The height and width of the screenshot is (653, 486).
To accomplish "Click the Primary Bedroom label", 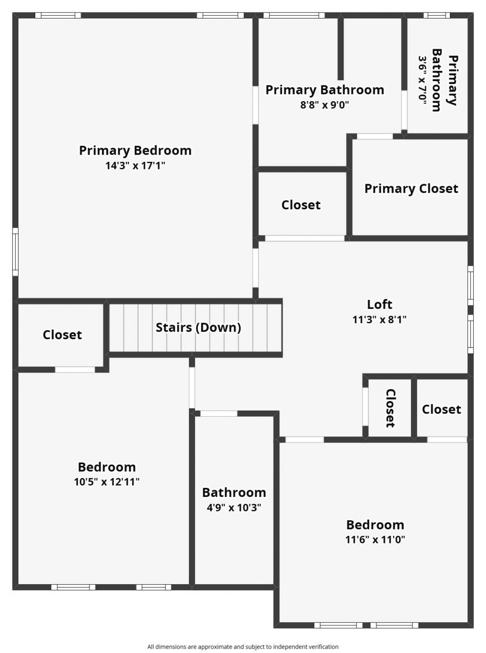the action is pyautogui.click(x=135, y=151).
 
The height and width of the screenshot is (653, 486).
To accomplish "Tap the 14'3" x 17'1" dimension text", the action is pyautogui.click(x=135, y=166).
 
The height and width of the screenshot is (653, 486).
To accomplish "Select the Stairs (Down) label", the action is pyautogui.click(x=198, y=327).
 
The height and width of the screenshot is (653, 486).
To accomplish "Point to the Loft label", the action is pyautogui.click(x=379, y=304).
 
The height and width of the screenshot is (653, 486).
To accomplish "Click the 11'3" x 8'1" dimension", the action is pyautogui.click(x=379, y=319).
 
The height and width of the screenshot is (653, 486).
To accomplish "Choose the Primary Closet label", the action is pyautogui.click(x=411, y=189).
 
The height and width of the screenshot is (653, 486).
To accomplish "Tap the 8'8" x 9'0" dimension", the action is pyautogui.click(x=325, y=104).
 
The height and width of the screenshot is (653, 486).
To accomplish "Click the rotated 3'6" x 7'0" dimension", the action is pyautogui.click(x=423, y=80).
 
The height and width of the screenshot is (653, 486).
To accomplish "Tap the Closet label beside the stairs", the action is pyautogui.click(x=62, y=335).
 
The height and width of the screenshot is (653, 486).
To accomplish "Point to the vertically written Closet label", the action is pyautogui.click(x=390, y=408).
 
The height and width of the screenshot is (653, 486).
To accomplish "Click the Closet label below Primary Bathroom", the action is pyautogui.click(x=301, y=205).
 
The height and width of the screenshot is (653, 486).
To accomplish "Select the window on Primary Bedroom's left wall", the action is pyautogui.click(x=15, y=252).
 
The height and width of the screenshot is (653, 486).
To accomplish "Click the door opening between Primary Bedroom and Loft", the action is pyautogui.click(x=256, y=268).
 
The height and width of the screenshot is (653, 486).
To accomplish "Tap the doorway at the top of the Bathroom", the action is pyautogui.click(x=218, y=413).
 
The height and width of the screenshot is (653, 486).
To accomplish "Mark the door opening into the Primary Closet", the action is pyautogui.click(x=374, y=136).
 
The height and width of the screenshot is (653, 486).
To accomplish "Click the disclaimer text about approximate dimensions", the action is pyautogui.click(x=243, y=646).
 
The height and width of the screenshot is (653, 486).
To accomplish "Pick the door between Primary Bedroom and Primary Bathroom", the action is pyautogui.click(x=256, y=105).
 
